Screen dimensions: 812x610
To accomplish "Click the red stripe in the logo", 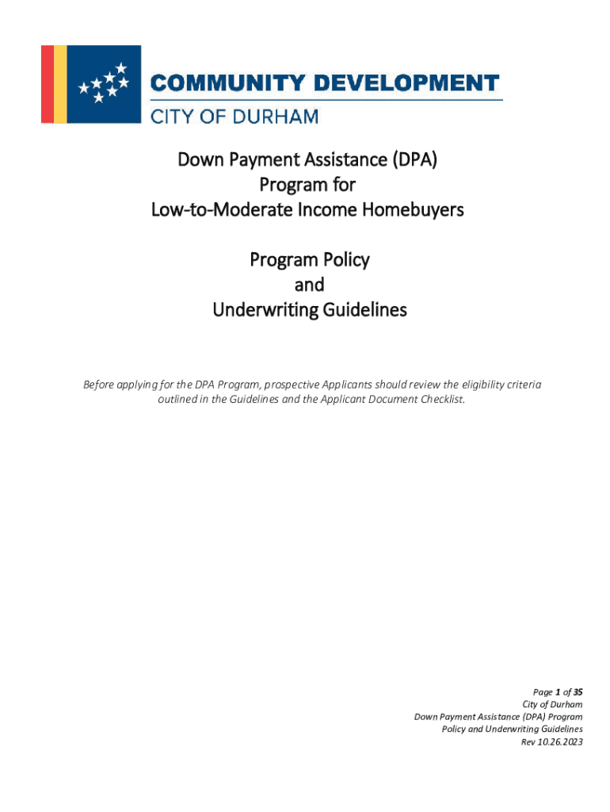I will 47,84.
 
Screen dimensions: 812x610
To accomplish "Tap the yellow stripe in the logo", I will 60,84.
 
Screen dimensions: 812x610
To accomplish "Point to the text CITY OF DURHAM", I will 234,117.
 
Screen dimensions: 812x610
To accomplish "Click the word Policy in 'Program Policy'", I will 345,259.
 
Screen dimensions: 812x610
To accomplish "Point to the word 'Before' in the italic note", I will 99,385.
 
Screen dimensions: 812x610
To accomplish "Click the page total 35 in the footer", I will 577,691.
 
